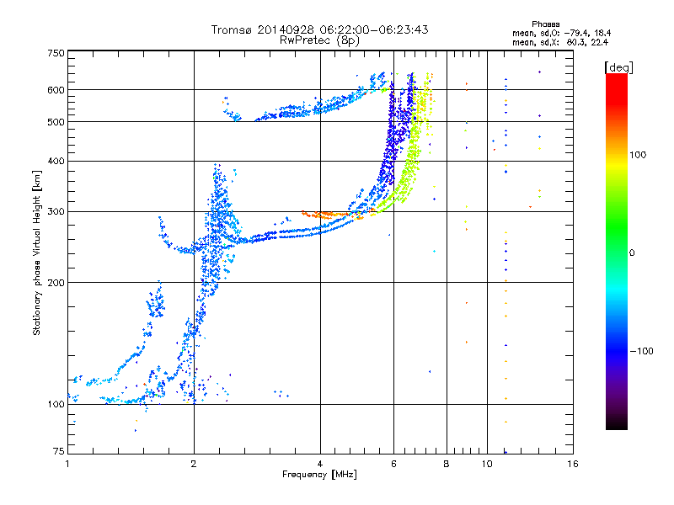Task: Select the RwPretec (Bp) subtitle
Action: point(320,40)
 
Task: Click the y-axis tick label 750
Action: point(56,53)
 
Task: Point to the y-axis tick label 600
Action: point(56,89)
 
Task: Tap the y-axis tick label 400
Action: point(56,161)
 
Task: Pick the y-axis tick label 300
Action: point(56,211)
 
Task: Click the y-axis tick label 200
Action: point(56,283)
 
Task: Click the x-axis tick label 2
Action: point(194,463)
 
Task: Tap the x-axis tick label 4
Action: point(320,463)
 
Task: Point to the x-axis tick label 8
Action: point(447,463)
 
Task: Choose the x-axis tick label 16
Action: point(572,463)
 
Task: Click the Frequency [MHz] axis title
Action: point(318,475)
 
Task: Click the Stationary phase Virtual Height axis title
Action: point(37,252)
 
